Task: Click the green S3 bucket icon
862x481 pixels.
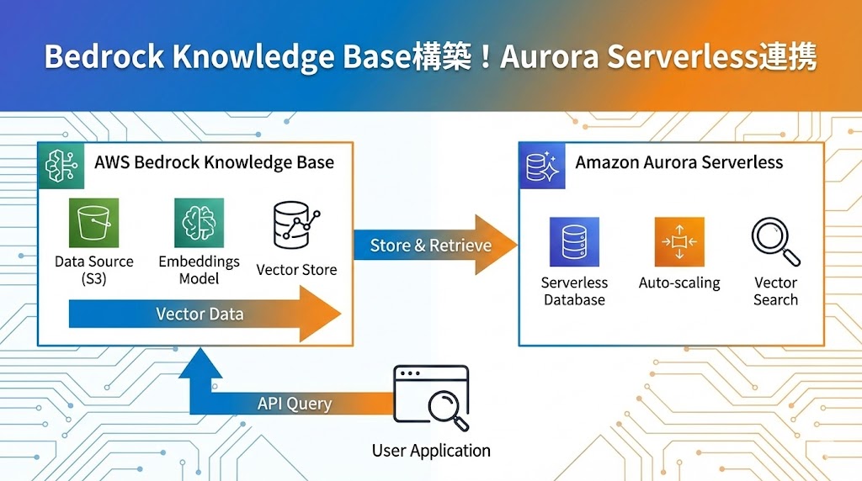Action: click(x=93, y=223)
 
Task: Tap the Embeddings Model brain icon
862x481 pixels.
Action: click(x=200, y=223)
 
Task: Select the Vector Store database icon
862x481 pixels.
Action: click(x=296, y=225)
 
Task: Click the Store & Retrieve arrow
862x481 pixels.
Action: click(x=431, y=246)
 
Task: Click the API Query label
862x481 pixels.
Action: click(x=294, y=404)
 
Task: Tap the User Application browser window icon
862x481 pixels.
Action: click(x=431, y=396)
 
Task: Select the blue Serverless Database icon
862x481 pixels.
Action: click(x=574, y=242)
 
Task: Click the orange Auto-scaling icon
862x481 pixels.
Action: click(x=679, y=242)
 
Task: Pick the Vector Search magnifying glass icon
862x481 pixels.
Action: click(x=774, y=242)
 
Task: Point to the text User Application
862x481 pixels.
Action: click(x=431, y=451)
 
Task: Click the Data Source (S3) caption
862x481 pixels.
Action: click(x=93, y=270)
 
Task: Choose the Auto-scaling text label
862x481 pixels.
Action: click(x=679, y=283)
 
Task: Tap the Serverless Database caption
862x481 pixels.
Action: click(x=574, y=291)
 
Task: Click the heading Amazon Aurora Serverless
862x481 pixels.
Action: click(x=678, y=162)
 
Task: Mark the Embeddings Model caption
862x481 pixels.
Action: click(x=200, y=270)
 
